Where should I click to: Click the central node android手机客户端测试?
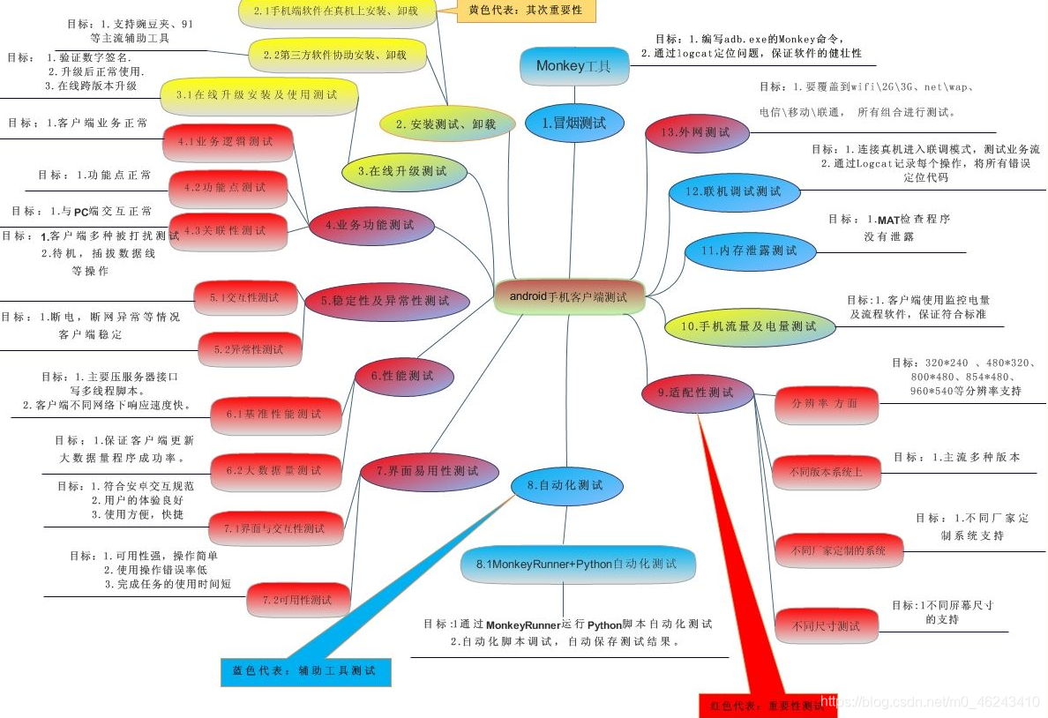coord(569,297)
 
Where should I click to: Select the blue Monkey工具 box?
coord(573,66)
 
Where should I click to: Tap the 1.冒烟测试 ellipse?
coord(574,123)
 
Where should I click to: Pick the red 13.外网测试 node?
coord(700,132)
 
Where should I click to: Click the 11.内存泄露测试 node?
coord(748,251)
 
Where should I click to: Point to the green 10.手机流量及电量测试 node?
coord(748,326)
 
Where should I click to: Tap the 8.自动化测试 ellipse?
coord(565,485)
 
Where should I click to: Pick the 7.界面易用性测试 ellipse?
coord(426,471)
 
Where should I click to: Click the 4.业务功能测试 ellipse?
coord(371,226)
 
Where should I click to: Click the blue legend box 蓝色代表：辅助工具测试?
coord(304,671)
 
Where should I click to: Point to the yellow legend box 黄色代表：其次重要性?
coord(526,11)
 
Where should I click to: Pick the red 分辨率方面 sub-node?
coord(825,403)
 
